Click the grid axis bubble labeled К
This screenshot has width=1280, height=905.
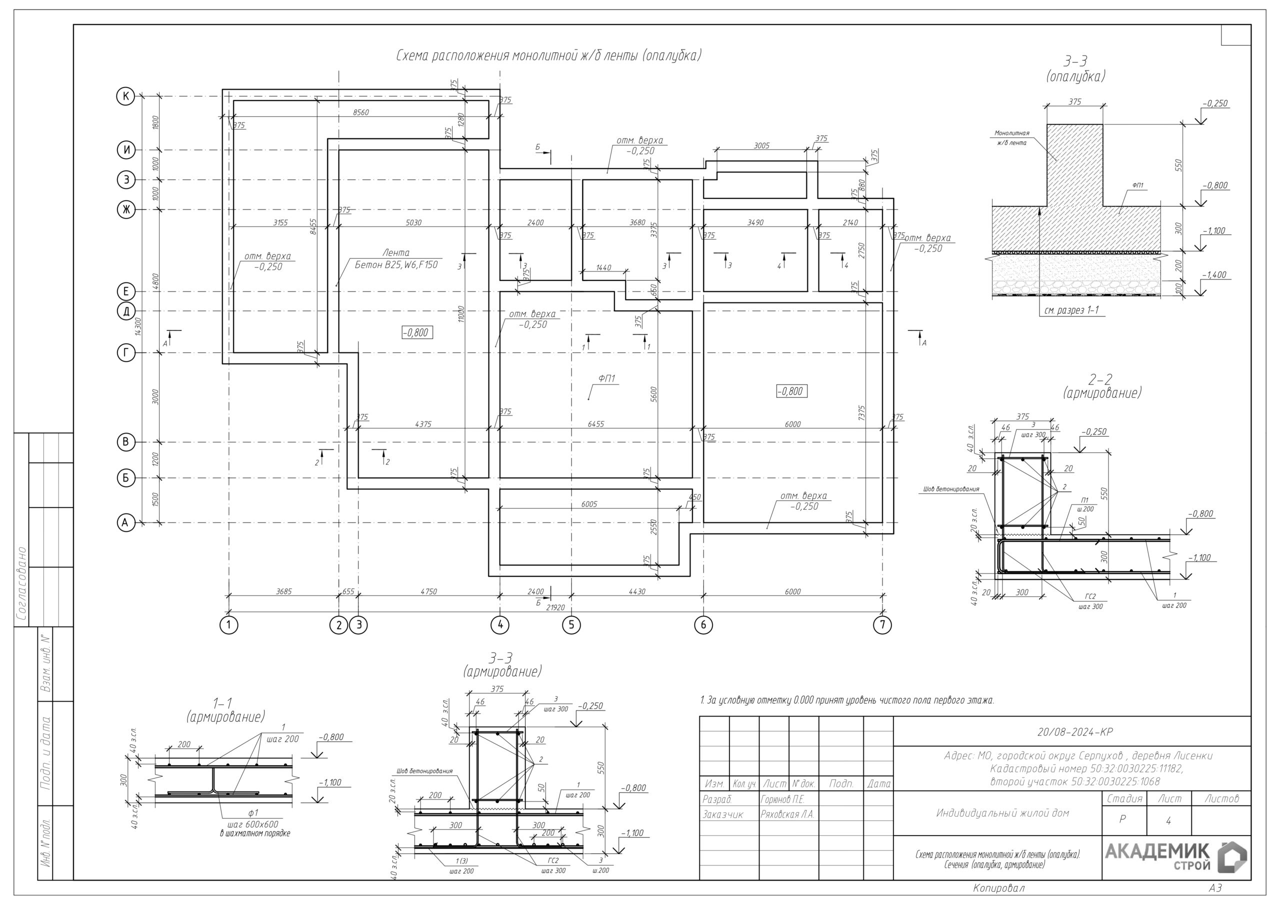coord(126,96)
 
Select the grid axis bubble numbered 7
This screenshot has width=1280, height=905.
coord(882,624)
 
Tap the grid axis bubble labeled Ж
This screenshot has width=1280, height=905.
coord(126,209)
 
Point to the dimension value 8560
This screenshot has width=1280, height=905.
coord(360,112)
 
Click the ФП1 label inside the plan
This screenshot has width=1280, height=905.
coord(606,378)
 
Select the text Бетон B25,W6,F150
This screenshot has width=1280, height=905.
coord(396,265)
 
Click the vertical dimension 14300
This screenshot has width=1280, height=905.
coord(138,325)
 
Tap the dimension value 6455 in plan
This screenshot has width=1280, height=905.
coord(595,424)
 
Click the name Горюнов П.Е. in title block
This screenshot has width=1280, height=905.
coord(781,799)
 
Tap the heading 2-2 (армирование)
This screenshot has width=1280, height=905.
coord(1101,386)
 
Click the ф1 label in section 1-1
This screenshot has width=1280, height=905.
coord(253,812)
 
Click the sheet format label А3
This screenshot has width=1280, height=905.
coord(1215,887)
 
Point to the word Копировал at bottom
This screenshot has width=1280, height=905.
coord(998,887)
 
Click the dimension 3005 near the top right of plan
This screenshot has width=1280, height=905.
coord(761,145)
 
